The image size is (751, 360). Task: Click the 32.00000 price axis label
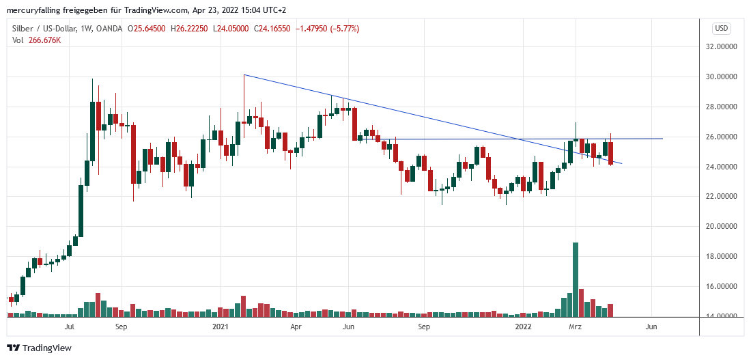point(726,46)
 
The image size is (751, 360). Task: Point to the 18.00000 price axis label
point(726,257)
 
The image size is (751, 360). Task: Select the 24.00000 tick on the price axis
point(726,167)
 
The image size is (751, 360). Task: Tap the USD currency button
point(722,28)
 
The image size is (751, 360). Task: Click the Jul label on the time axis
point(68,327)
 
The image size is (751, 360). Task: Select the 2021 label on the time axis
point(220,327)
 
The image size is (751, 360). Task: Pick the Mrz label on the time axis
point(575,327)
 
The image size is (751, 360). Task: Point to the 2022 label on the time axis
point(522,327)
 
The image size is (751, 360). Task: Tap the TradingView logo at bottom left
point(40,348)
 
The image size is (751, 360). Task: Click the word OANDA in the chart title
point(109,29)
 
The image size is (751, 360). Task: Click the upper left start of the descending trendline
point(244,74)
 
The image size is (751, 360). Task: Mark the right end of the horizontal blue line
point(662,139)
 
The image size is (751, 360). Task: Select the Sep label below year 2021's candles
point(423,327)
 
